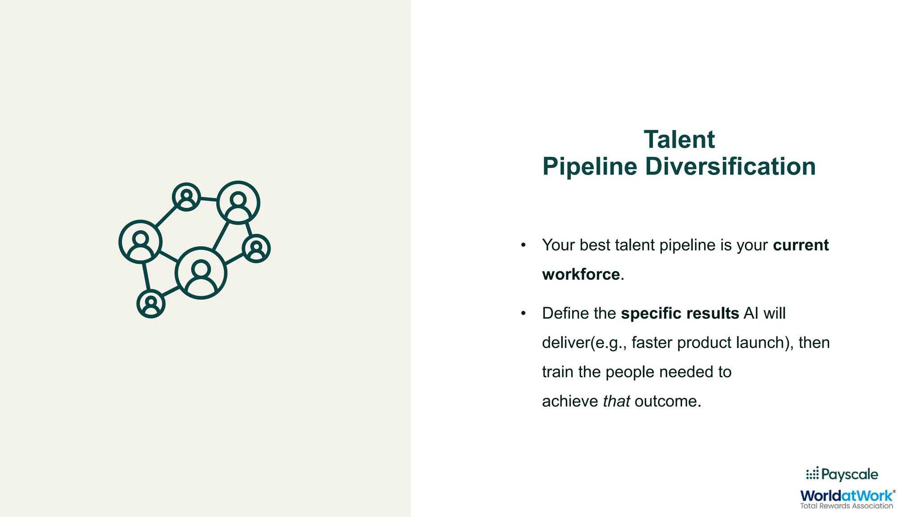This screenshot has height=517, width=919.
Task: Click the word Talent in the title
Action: tap(679, 140)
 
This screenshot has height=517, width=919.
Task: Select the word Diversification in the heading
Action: tap(730, 166)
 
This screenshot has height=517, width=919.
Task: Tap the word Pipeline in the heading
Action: tap(590, 166)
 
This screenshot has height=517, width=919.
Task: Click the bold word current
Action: tap(801, 245)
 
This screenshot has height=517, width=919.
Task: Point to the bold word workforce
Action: tap(581, 274)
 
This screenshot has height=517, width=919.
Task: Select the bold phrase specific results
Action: tap(679, 313)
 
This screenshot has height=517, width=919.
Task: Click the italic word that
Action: tap(616, 401)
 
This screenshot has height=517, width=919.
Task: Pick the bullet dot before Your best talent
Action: tap(523, 245)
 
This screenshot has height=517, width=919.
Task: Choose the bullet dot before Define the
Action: tap(523, 313)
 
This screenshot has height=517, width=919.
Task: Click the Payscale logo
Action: tap(842, 474)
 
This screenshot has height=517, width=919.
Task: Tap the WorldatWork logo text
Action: tap(846, 495)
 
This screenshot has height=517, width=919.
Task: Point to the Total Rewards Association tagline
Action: tap(846, 506)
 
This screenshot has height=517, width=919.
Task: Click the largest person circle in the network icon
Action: tap(201, 273)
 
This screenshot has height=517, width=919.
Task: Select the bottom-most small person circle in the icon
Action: tap(151, 304)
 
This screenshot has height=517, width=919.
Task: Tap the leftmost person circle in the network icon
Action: tap(140, 241)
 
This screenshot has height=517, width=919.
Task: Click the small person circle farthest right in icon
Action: tap(256, 249)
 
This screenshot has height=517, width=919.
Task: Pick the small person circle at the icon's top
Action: tap(186, 197)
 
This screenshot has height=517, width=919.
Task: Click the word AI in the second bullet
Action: tap(751, 313)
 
